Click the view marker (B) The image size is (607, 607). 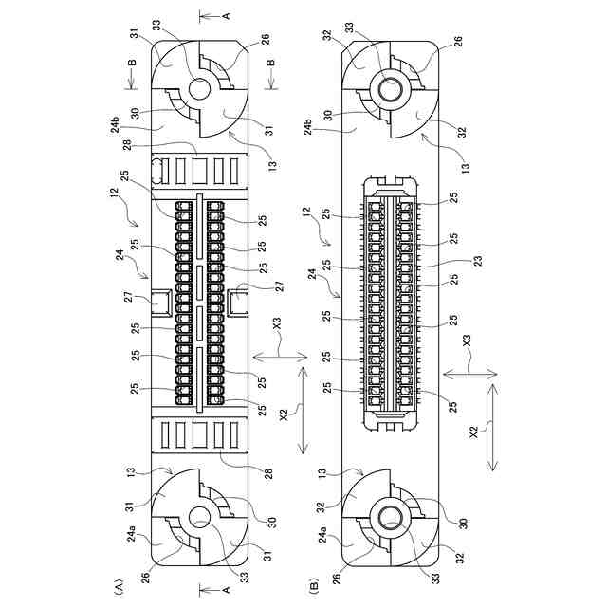click(x=314, y=584)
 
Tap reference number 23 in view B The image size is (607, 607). click(x=479, y=260)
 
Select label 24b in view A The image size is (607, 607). click(x=116, y=124)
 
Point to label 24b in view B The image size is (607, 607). click(x=307, y=125)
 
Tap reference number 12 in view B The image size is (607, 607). click(x=307, y=212)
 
